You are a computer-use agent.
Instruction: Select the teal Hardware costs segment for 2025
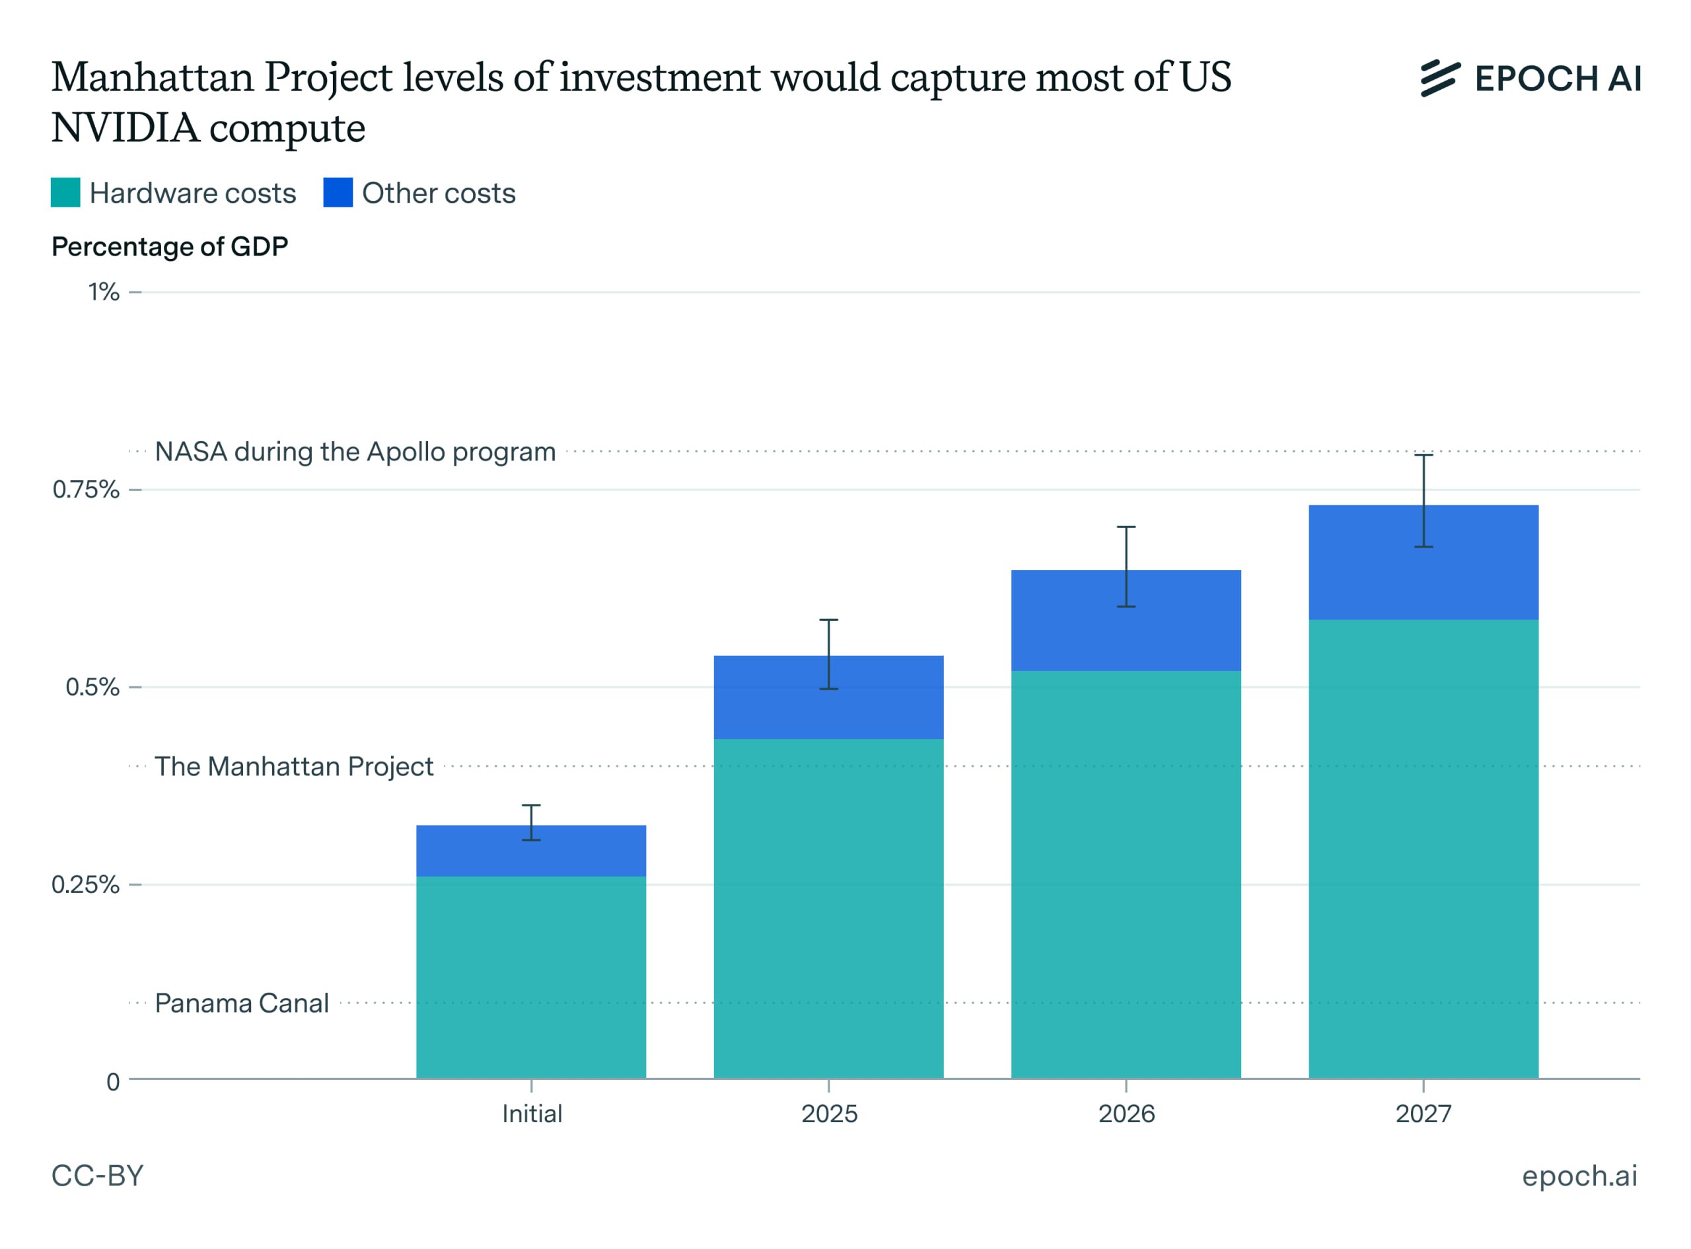click(828, 908)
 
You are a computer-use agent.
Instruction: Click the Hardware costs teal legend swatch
click(65, 192)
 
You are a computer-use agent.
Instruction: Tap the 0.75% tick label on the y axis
click(85, 489)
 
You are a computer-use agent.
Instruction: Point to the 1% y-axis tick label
click(104, 292)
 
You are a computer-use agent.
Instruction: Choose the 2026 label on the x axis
click(1126, 1114)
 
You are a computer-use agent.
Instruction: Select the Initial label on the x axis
click(532, 1114)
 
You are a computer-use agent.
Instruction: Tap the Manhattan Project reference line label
click(293, 766)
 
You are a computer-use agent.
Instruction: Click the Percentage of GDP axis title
click(169, 246)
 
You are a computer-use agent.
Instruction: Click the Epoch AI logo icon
click(1439, 78)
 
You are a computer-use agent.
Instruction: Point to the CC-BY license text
click(96, 1176)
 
